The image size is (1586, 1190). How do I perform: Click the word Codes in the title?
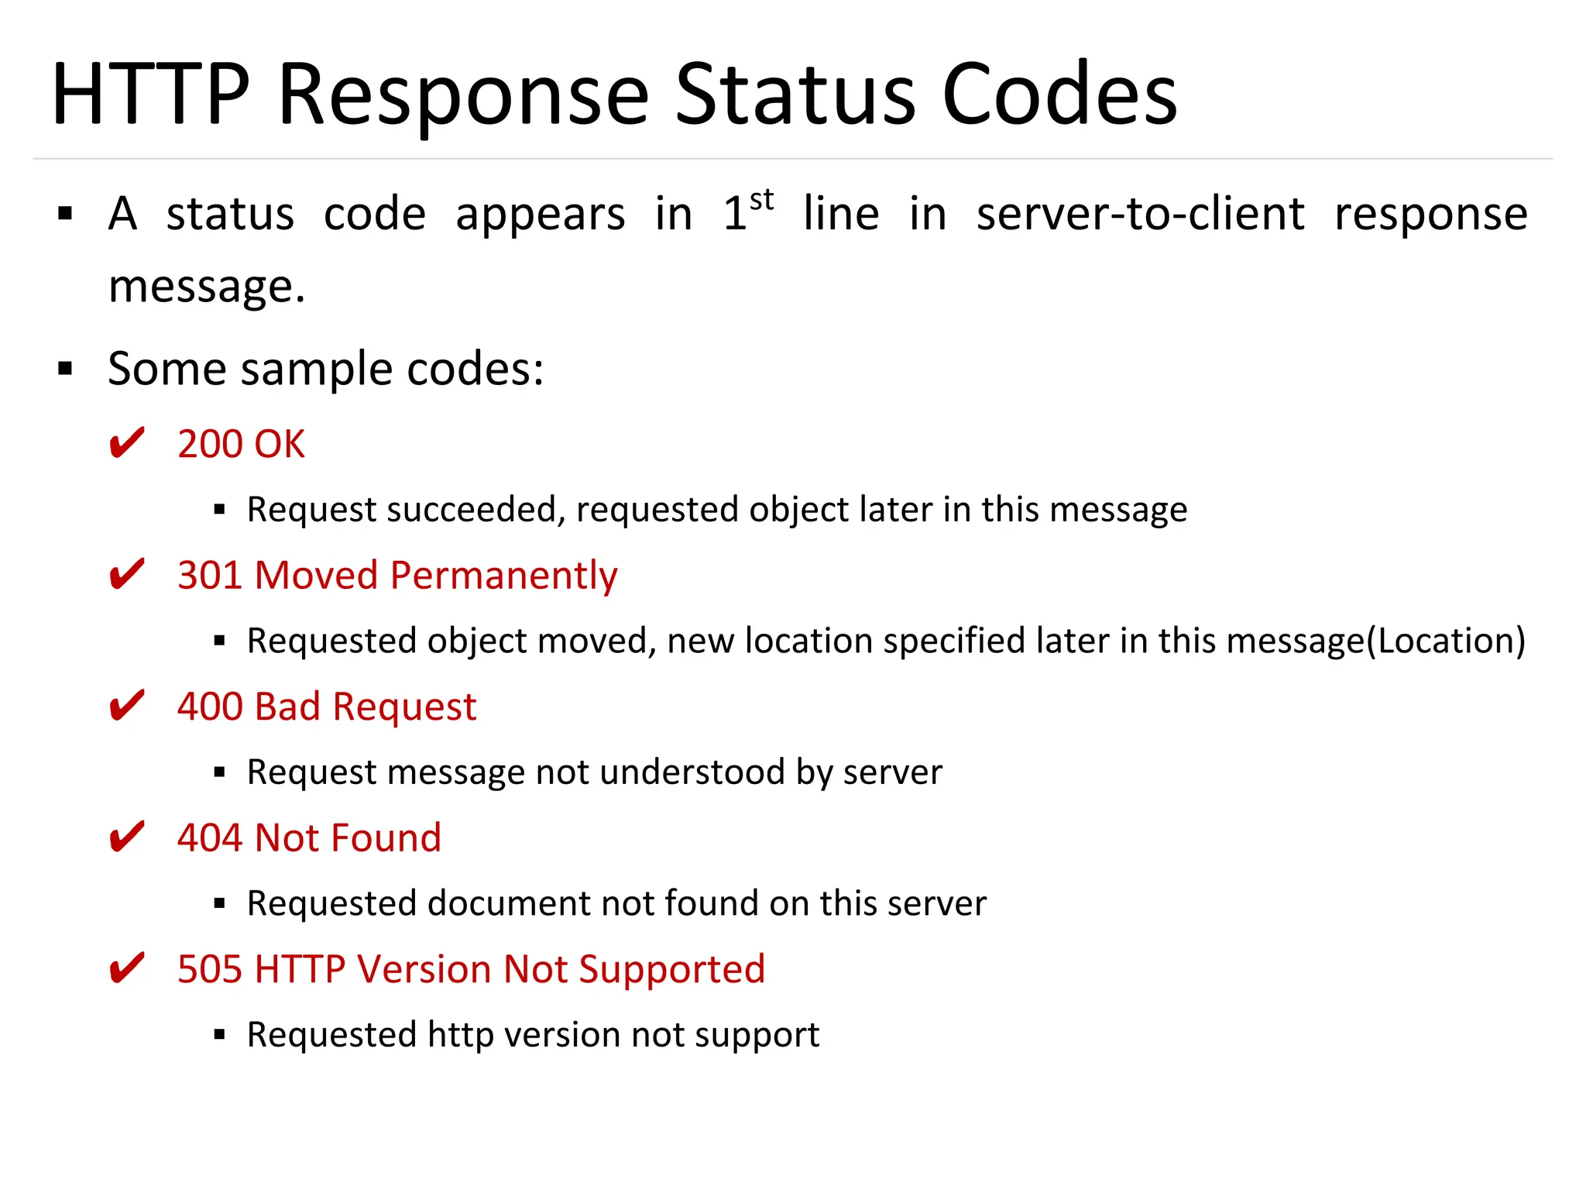coord(1059,95)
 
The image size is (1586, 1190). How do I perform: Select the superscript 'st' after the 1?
coord(762,200)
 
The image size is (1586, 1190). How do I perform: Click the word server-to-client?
coord(1140,214)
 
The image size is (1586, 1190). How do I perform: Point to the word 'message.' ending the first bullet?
coord(207,287)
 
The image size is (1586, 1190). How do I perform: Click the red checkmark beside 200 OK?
coord(126,444)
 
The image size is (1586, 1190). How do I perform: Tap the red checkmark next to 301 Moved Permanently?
coord(126,575)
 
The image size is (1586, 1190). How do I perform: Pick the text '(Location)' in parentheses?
coord(1446,641)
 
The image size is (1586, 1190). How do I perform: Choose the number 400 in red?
coord(210,707)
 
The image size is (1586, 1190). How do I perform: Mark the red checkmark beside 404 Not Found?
coord(126,837)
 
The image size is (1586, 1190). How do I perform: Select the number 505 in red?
coord(210,969)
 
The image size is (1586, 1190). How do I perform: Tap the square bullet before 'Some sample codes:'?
coord(65,370)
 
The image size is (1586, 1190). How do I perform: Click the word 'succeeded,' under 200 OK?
coord(475,511)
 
